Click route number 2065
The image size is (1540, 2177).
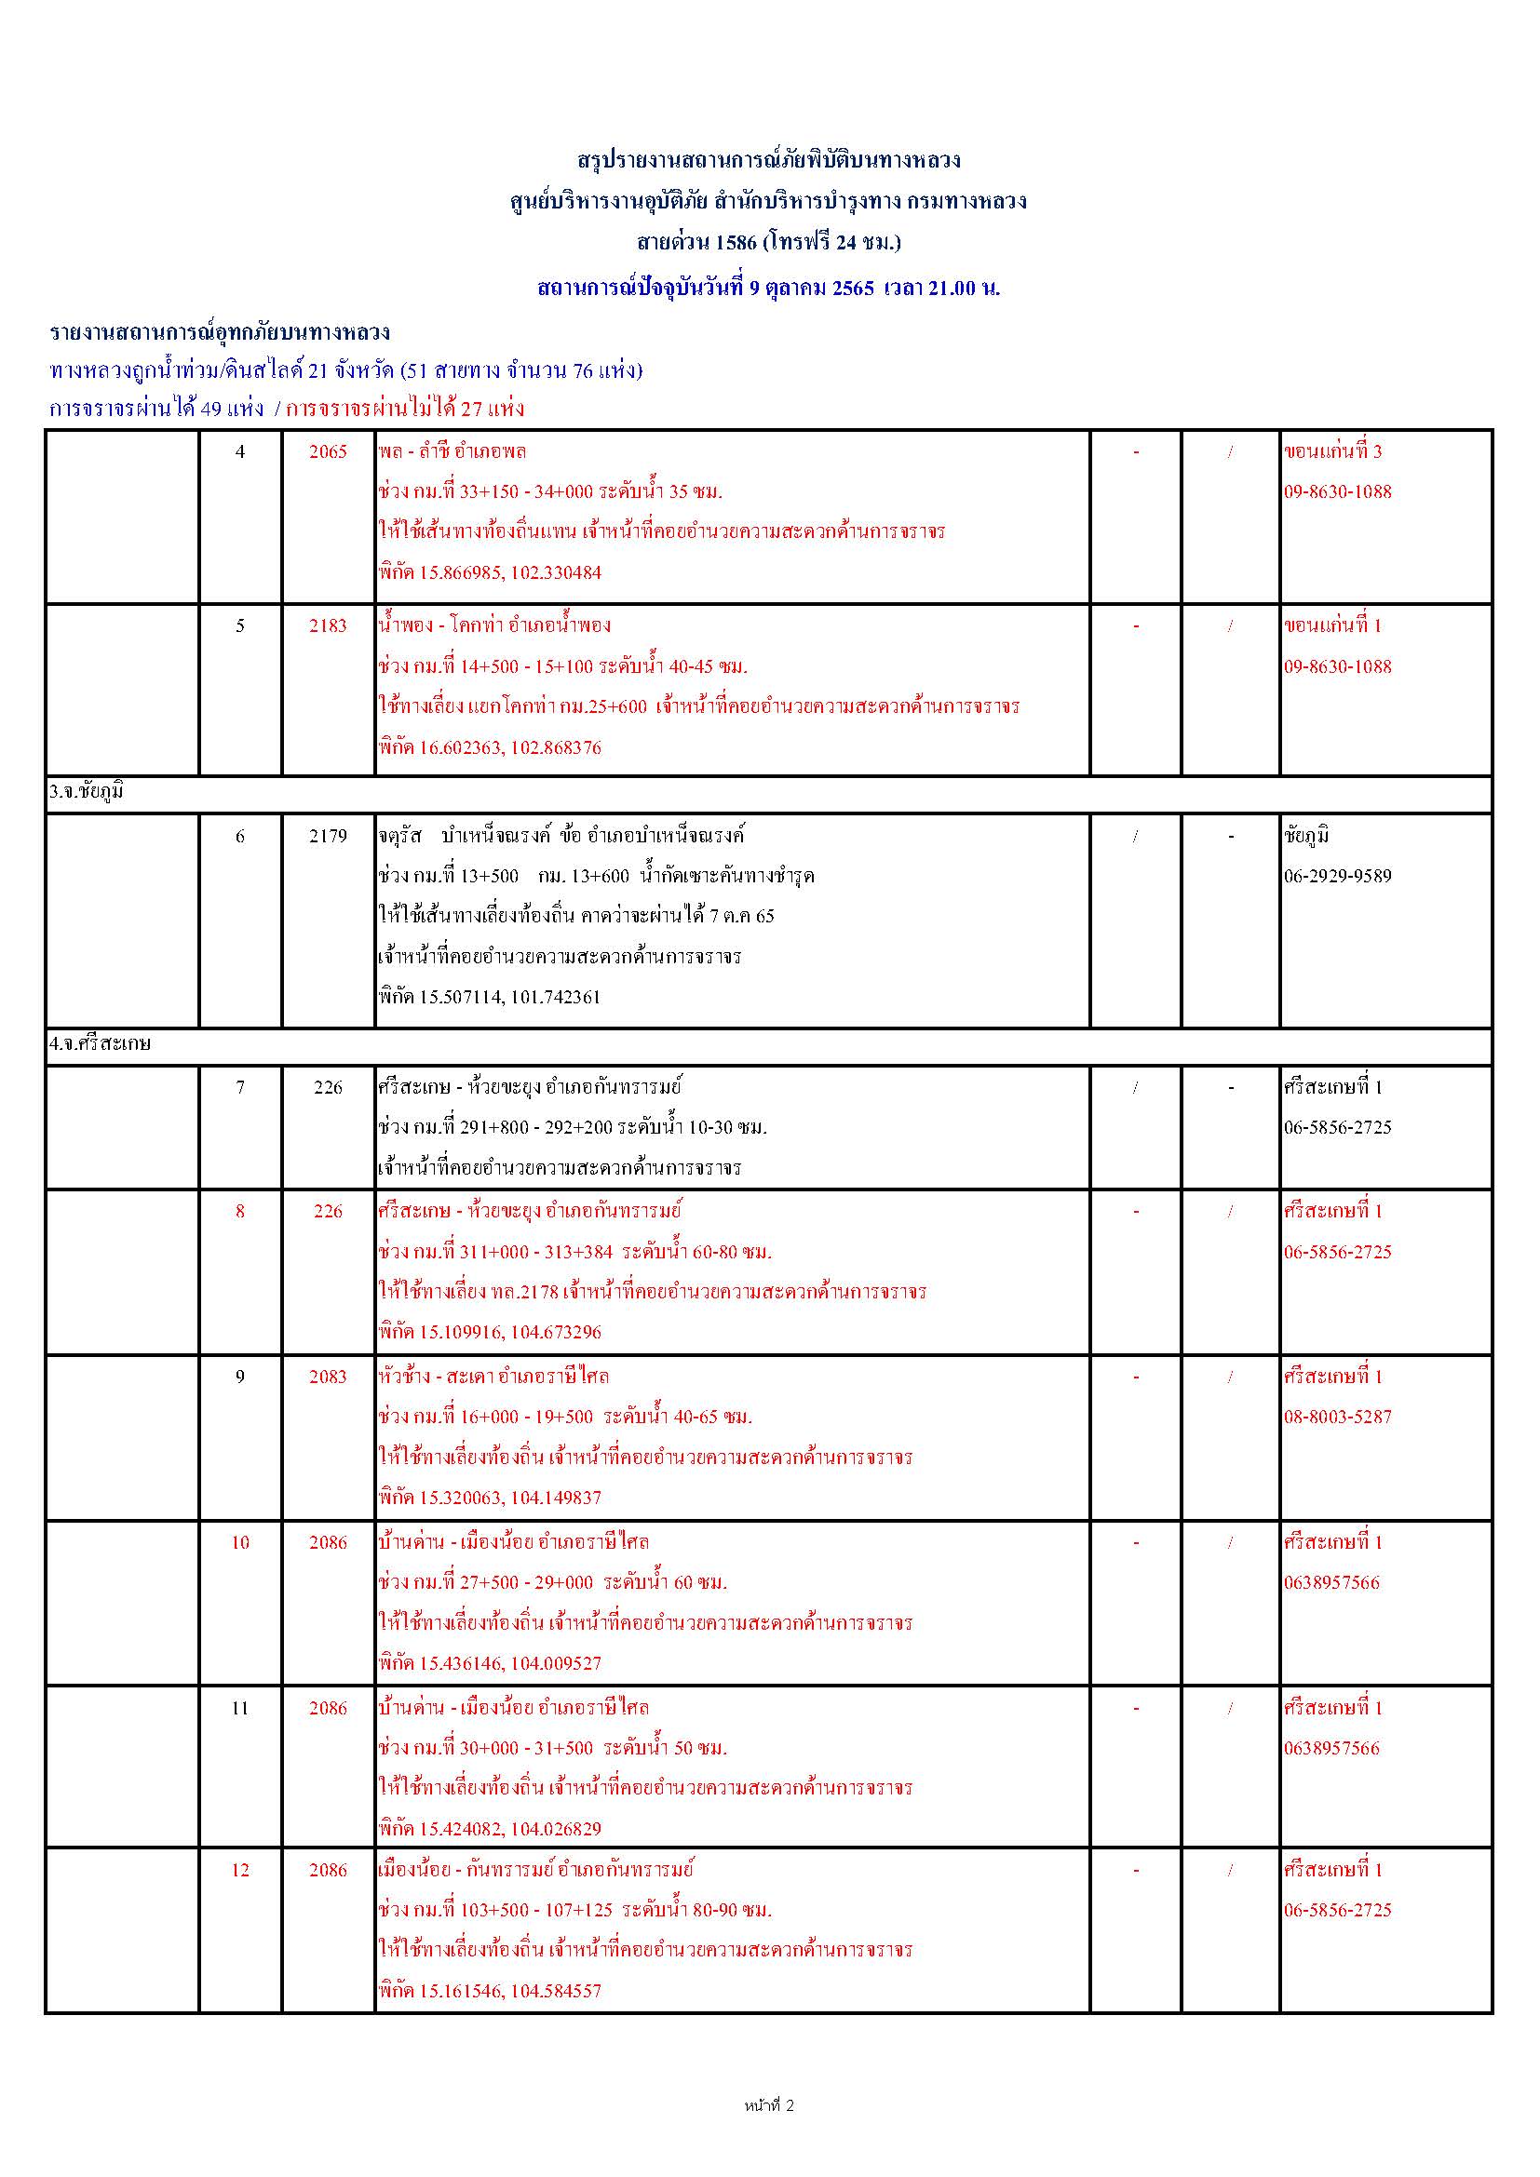pyautogui.click(x=328, y=452)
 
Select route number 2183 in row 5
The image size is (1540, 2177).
pyautogui.click(x=328, y=625)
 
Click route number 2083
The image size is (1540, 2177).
pyautogui.click(x=328, y=1377)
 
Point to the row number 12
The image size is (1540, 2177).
pyautogui.click(x=240, y=1870)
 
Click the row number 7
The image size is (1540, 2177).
pyautogui.click(x=240, y=1087)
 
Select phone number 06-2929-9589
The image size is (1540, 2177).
pyautogui.click(x=1337, y=876)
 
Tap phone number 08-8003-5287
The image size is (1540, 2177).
pyautogui.click(x=1337, y=1417)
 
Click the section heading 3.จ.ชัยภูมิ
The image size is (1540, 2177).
pyautogui.click(x=88, y=793)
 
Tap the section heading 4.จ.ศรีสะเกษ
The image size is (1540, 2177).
pyautogui.click(x=101, y=1044)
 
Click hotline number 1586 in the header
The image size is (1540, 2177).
pyautogui.click(x=736, y=243)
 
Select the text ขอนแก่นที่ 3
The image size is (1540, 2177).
pyautogui.click(x=1332, y=451)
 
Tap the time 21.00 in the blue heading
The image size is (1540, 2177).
pyautogui.click(x=952, y=289)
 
